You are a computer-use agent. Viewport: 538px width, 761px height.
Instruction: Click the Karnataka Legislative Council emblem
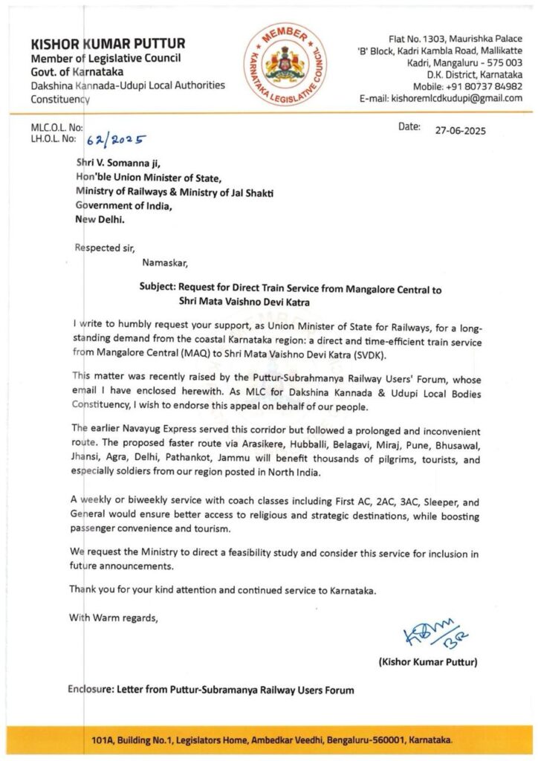click(285, 60)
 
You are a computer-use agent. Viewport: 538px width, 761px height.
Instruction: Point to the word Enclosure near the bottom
click(94, 689)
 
